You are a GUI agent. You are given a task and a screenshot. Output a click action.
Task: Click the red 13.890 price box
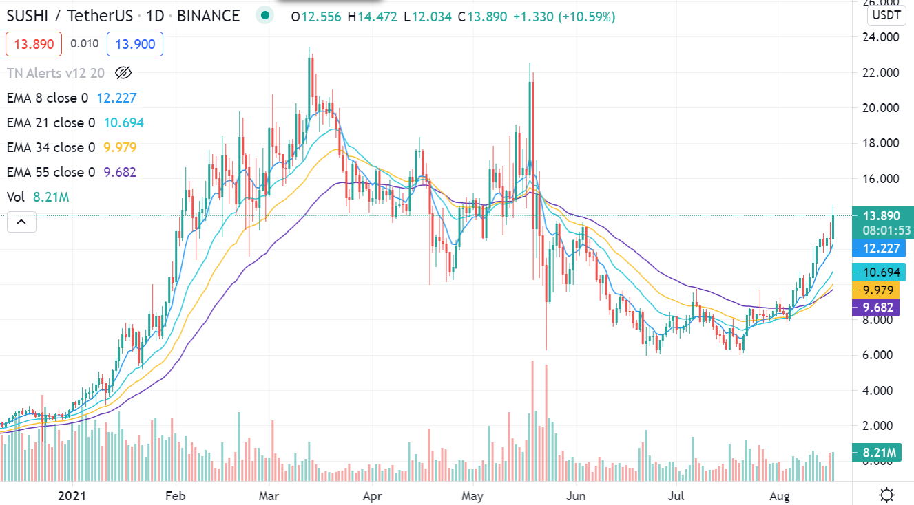coord(34,45)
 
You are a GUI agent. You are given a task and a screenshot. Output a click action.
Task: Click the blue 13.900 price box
coord(135,45)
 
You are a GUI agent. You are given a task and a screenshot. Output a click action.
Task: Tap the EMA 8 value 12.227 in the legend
coord(116,98)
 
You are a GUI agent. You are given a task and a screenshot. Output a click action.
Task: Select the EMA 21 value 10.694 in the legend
coord(123,123)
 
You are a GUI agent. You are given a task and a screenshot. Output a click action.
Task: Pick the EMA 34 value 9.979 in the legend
coord(120,148)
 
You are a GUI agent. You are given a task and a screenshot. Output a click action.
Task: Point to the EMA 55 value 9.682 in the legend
coord(120,173)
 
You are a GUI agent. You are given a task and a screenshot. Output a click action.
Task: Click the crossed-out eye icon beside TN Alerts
coord(123,72)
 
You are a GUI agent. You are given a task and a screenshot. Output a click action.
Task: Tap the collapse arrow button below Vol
coord(21,222)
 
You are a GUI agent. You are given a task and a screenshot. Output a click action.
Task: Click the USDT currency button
coord(886,15)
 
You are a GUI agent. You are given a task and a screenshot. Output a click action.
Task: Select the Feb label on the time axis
coord(176,495)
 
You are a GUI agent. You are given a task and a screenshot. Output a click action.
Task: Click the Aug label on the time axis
coord(779,495)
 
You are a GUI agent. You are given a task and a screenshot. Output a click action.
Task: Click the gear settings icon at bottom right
coord(887,495)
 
